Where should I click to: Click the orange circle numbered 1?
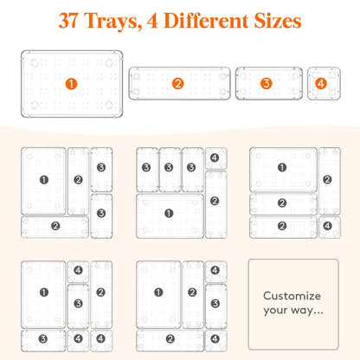pos(71,84)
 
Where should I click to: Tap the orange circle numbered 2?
pos(178,84)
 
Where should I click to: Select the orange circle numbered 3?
pos(267,84)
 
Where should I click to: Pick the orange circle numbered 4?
pos(321,84)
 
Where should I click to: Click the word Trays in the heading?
pos(112,21)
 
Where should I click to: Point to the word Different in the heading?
pos(206,21)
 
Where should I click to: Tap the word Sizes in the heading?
pos(278,21)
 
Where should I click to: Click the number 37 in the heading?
pos(68,21)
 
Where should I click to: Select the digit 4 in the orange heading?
pos(152,21)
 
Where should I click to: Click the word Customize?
pos(292,296)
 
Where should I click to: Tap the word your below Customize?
pos(275,311)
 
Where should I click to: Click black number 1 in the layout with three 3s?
pos(169,214)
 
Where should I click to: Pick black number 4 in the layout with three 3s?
pos(215,157)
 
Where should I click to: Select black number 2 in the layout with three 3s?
pos(215,201)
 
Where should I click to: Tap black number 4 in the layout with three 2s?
pos(327,226)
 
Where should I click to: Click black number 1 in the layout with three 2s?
pos(282,167)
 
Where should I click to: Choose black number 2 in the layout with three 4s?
pos(100,292)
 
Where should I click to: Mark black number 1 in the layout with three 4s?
pos(44,292)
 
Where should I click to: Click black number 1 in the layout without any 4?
pos(44,180)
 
